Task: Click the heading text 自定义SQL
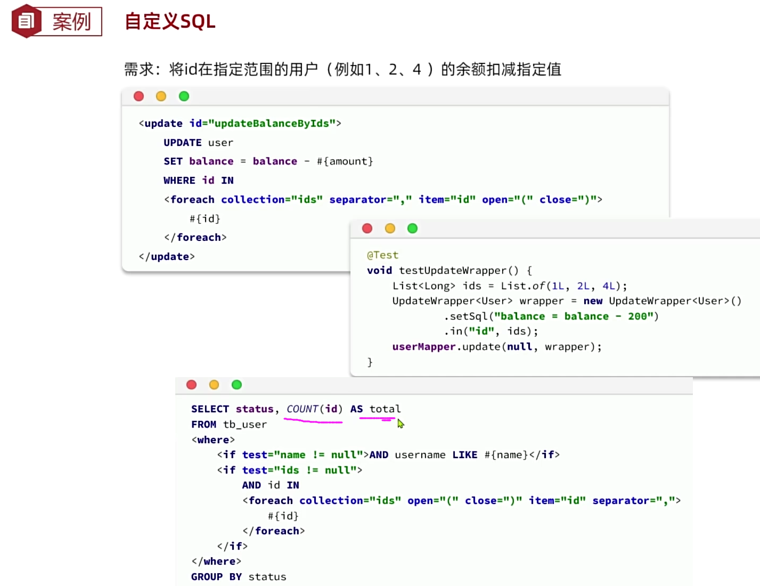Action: coord(170,21)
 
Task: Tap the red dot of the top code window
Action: coord(139,96)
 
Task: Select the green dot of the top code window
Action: coord(184,96)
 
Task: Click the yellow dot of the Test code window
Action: coord(390,229)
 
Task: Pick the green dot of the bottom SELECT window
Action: coord(236,385)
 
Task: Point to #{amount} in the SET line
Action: coord(345,161)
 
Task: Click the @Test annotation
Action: coord(382,255)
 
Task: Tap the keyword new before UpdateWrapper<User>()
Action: coord(593,301)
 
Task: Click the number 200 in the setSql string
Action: coord(637,316)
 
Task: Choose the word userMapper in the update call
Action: coord(423,347)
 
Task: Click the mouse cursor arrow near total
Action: coord(401,424)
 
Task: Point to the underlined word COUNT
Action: coord(302,409)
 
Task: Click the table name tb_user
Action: coord(244,425)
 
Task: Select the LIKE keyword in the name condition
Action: coord(464,455)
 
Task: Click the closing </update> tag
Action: coord(167,257)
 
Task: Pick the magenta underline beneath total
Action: coord(377,419)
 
